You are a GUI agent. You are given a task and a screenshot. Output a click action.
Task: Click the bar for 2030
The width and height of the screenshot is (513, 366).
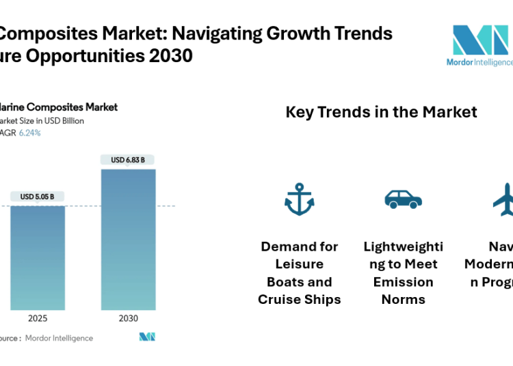point(128,239)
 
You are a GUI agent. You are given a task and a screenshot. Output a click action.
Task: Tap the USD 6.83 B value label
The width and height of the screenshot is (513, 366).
point(128,160)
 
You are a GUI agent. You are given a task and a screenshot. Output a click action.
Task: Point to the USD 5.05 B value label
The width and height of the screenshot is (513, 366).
point(38,197)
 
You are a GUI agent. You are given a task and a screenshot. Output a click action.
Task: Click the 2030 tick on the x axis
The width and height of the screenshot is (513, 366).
point(128,319)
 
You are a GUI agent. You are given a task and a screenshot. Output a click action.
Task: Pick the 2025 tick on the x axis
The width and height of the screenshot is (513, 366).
point(38,319)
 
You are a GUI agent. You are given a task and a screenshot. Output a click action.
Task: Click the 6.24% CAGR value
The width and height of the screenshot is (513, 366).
point(29,133)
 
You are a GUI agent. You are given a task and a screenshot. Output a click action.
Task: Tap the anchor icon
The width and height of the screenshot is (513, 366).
point(299,199)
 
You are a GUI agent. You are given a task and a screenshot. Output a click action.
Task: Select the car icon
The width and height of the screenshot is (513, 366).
point(403,199)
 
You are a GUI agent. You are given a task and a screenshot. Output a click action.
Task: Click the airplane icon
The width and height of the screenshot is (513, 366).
point(505,199)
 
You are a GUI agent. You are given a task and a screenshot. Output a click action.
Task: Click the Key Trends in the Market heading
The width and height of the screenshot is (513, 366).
point(381,112)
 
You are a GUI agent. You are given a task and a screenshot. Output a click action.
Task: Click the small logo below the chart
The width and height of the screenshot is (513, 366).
point(147,337)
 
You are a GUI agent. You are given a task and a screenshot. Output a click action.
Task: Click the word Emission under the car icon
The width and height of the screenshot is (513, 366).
point(403,282)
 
